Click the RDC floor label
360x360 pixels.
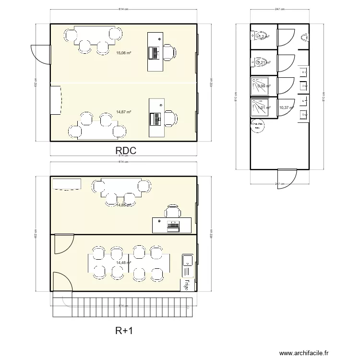(x=126, y=150)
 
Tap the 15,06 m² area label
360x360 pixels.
(x=124, y=53)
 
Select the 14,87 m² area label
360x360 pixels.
(x=124, y=112)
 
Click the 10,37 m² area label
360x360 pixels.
(x=286, y=108)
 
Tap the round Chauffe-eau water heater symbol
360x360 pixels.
(x=257, y=125)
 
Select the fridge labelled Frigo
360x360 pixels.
(x=185, y=284)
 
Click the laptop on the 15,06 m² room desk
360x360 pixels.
(x=155, y=52)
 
